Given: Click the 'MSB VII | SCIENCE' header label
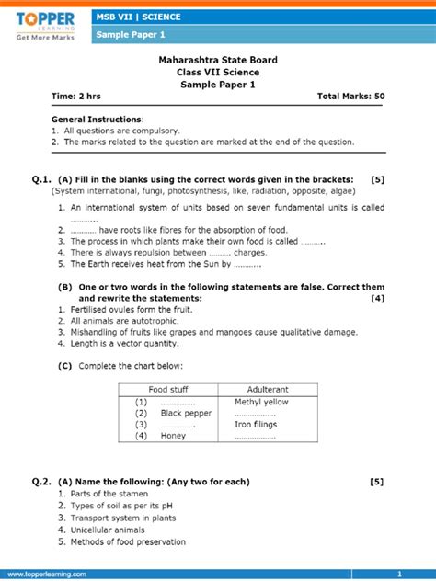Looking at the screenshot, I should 138,17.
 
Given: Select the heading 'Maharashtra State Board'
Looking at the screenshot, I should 217,60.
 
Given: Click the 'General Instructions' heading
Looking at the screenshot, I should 98,120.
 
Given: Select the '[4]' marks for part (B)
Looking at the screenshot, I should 377,298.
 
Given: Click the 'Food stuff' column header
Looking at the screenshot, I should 168,390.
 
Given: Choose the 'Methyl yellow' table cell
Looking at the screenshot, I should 261,402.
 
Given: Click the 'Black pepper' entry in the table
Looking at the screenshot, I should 186,413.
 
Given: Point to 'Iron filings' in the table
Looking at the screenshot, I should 257,424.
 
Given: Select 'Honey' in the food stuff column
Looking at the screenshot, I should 173,436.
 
